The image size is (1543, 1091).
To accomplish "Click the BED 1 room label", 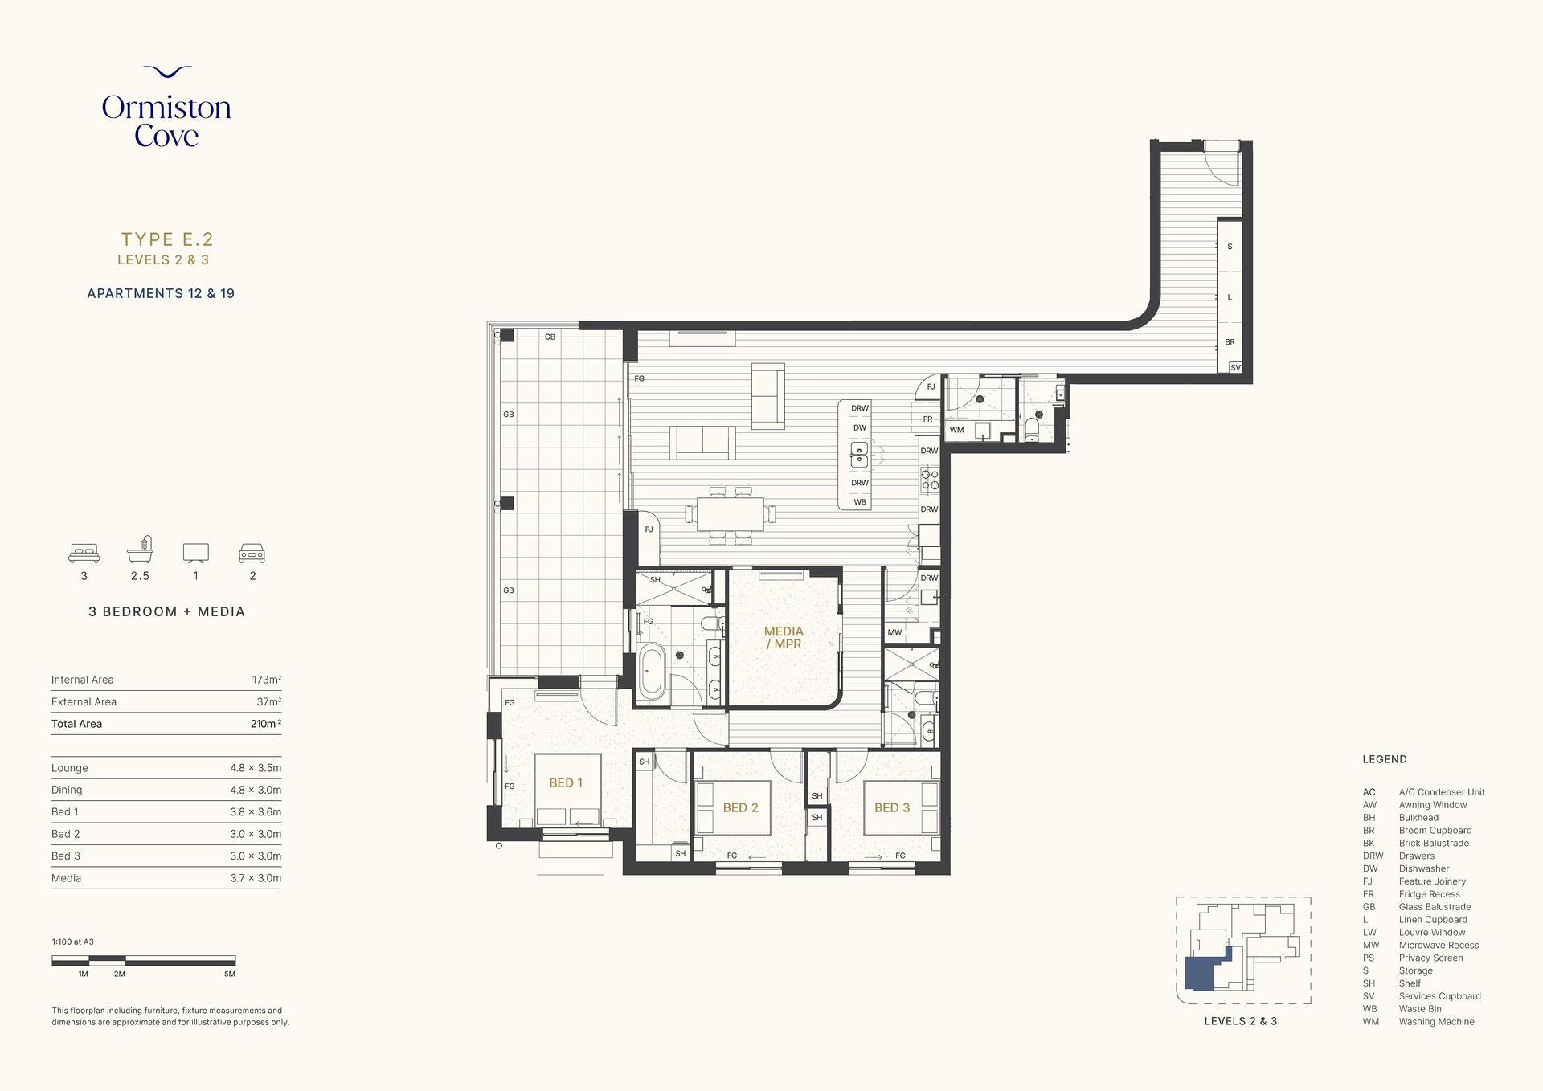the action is tap(566, 782).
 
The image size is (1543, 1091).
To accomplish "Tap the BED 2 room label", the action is tap(740, 807).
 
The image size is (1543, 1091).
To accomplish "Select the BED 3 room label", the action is tap(892, 807).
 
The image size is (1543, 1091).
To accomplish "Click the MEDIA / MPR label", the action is tap(784, 637).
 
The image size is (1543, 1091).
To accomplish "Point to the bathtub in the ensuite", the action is tap(651, 670).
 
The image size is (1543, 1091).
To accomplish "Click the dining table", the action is tap(731, 514).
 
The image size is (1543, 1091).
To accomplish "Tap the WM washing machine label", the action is tap(956, 430).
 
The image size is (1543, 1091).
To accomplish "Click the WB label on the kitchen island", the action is tap(860, 502).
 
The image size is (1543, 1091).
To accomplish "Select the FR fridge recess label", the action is tap(927, 419).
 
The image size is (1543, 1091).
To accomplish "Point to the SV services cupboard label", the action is tap(1235, 367).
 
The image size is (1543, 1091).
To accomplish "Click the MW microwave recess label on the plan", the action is tap(894, 632).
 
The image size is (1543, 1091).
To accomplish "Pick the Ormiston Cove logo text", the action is tap(166, 121).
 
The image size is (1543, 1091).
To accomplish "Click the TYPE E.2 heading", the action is tap(167, 239).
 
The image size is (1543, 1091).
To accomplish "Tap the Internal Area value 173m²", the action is tap(266, 680).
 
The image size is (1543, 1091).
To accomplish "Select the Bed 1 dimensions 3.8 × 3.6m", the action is tap(256, 812).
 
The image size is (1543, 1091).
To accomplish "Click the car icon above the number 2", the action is tap(252, 553).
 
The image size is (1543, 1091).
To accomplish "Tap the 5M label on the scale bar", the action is tap(230, 974).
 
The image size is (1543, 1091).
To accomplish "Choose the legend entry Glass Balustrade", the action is tap(1435, 907).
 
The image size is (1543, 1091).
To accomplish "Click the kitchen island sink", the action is tap(859, 455).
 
